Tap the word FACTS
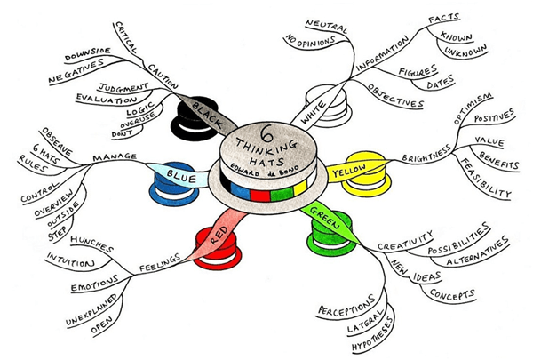click(x=444, y=19)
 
